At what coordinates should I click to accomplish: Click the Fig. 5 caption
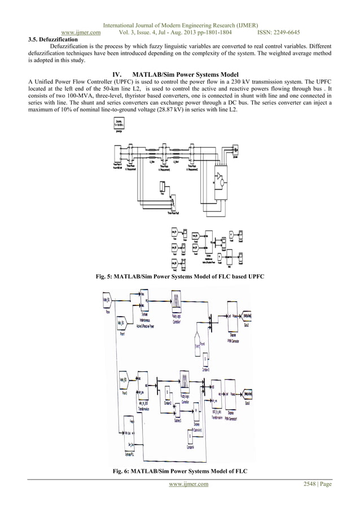pyautogui.click(x=181, y=277)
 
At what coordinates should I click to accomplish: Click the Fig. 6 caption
pyautogui.click(x=181, y=471)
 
